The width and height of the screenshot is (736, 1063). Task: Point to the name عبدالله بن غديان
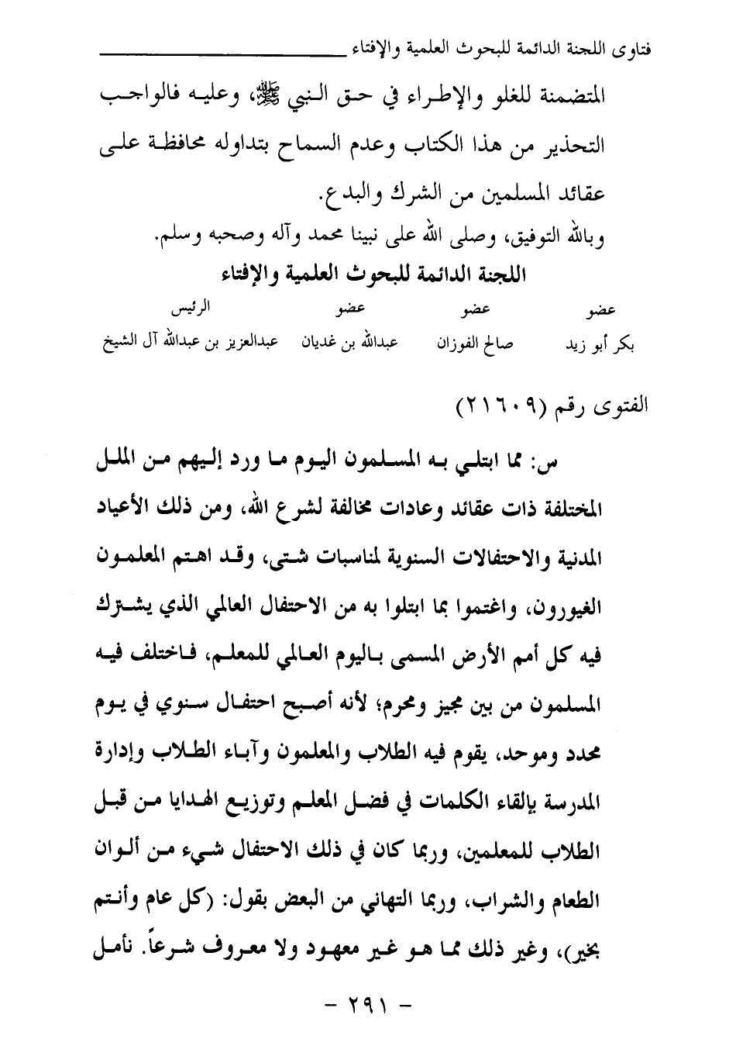click(349, 343)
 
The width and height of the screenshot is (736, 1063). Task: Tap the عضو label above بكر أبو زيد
click(601, 311)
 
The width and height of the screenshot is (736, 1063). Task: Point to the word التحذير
click(572, 145)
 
